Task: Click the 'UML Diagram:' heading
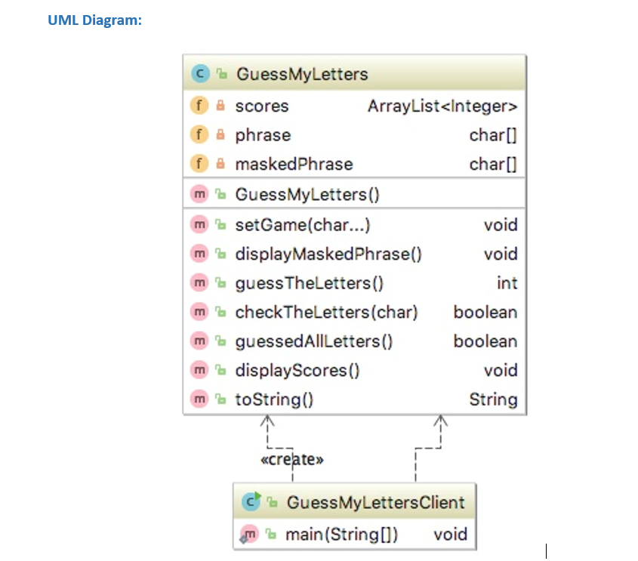coord(94,20)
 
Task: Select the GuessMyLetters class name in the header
coord(302,74)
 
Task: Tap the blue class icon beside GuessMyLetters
coord(200,74)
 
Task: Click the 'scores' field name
coord(262,106)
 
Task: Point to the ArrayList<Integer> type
coord(442,106)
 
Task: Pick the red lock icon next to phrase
coord(220,136)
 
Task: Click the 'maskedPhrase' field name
coord(294,165)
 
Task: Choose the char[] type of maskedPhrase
coord(493,165)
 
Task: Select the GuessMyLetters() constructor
coord(307,195)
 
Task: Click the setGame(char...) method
coord(302,225)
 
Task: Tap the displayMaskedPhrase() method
coord(328,254)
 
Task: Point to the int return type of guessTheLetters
coord(507,283)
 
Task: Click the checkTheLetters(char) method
coord(326,313)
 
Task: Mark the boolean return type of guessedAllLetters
coord(485,341)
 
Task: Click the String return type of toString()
coord(493,399)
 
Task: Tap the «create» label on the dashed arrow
coord(292,459)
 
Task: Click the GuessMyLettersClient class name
coord(375,503)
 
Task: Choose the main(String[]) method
coord(342,535)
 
